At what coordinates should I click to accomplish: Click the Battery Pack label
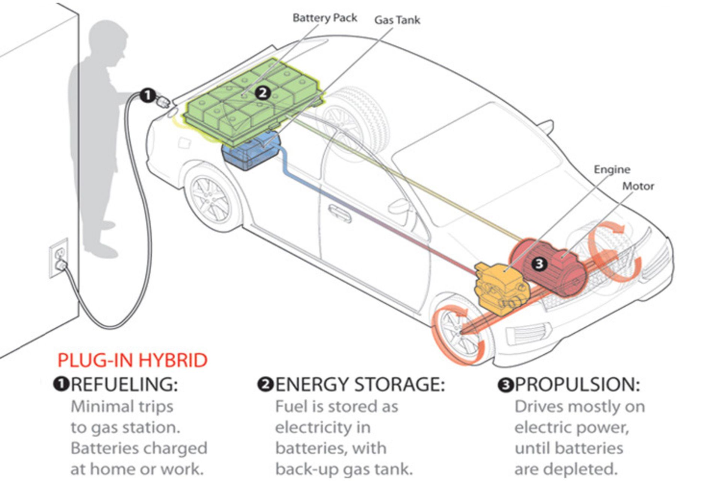[324, 18]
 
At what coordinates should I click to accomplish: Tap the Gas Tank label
[397, 20]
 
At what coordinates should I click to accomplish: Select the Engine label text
[612, 169]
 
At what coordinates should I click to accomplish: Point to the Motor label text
[638, 186]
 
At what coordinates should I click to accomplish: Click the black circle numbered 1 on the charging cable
[148, 95]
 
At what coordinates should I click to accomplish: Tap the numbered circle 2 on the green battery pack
[262, 92]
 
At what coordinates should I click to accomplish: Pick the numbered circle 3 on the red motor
[539, 263]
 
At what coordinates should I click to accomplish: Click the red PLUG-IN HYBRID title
[132, 360]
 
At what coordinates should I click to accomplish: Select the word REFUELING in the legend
[124, 384]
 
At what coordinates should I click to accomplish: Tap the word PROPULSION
[577, 384]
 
